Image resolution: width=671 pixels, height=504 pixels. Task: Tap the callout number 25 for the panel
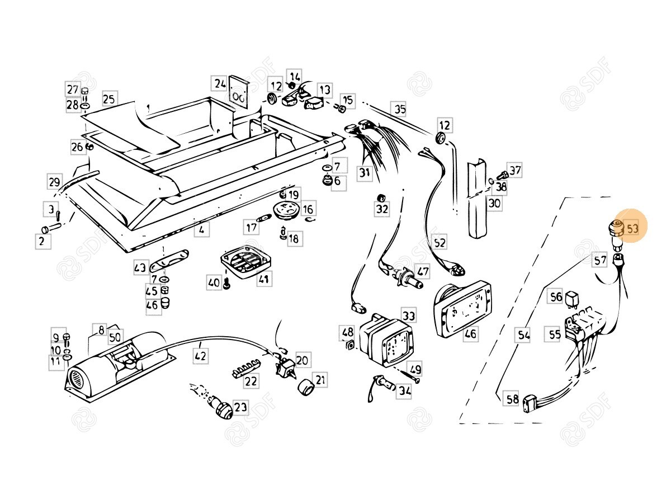coord(109,100)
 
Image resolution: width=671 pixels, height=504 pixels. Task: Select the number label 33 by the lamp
coord(409,315)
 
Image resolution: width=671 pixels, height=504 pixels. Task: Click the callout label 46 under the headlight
coord(471,335)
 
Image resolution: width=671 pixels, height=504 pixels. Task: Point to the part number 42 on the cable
coord(200,355)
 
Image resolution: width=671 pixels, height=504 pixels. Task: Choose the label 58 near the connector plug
coord(512,399)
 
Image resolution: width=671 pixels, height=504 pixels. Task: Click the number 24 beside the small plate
coord(219,84)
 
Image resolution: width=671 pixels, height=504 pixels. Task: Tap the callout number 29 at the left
coord(54,182)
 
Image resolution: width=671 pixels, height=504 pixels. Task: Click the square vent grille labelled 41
coord(244,263)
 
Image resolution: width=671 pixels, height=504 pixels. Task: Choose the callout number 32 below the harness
coord(381,209)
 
